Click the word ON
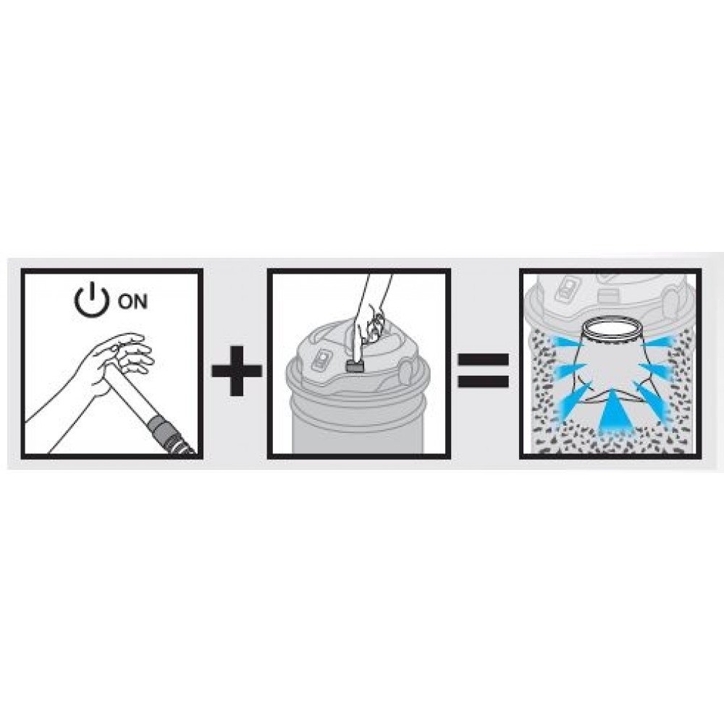pyautogui.click(x=132, y=302)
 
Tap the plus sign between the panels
pyautogui.click(x=237, y=371)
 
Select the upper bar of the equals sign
pyautogui.click(x=483, y=360)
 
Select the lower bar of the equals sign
pyautogui.click(x=483, y=381)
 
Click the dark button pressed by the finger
pyautogui.click(x=355, y=366)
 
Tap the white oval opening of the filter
pyautogui.click(x=610, y=328)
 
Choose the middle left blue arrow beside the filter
pyautogui.click(x=572, y=369)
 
